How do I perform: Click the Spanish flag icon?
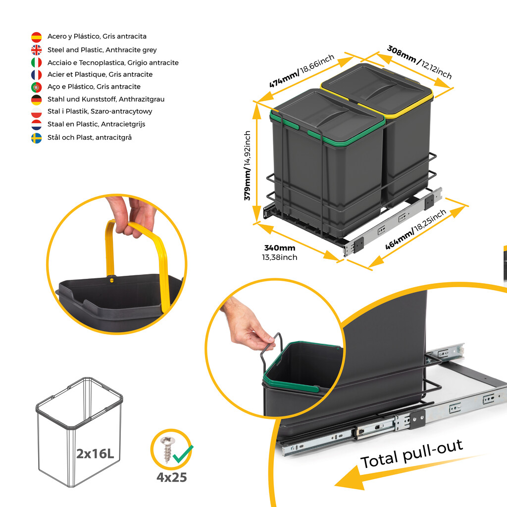click(36, 37)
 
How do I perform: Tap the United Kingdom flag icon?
click(36, 50)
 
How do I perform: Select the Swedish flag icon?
click(36, 138)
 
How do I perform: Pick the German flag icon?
click(36, 100)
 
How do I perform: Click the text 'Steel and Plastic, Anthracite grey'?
click(102, 50)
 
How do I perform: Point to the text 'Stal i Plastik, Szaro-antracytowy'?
click(100, 111)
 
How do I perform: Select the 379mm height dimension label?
click(248, 165)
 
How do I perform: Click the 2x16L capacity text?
click(98, 453)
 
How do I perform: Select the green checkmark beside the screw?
click(183, 453)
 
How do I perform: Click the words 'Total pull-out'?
click(411, 453)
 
